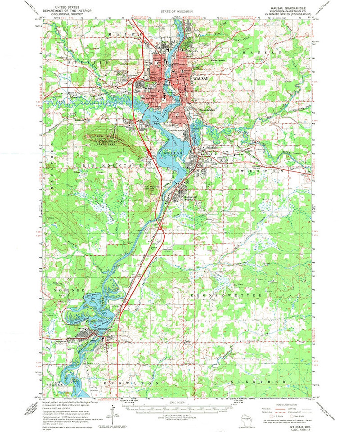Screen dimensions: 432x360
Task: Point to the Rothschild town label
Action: coord(191,197)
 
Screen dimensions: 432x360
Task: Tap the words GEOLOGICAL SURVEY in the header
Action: coord(74,15)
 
